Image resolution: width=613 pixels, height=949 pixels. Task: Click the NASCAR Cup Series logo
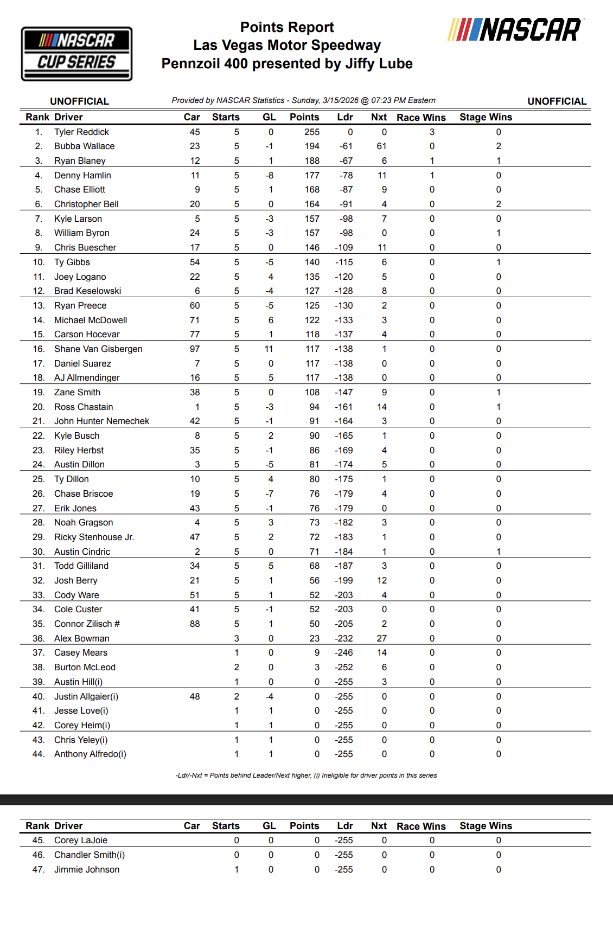click(x=76, y=54)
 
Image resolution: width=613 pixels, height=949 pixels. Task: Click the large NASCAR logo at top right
click(x=514, y=30)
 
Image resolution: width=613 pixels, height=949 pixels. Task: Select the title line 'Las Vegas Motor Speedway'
click(x=287, y=46)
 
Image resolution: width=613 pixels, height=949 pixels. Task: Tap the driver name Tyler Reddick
click(x=81, y=132)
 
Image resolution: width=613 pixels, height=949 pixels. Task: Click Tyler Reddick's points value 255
click(x=312, y=132)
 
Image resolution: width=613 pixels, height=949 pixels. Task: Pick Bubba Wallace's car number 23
click(x=195, y=146)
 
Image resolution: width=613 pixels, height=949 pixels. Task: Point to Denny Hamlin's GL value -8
click(x=270, y=176)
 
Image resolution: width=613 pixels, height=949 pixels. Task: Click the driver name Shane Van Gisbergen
click(x=98, y=349)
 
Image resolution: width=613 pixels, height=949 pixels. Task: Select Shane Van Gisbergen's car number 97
click(x=195, y=349)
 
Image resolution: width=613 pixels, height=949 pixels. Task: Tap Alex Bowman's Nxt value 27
click(x=382, y=639)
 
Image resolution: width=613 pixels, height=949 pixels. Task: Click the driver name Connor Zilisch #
click(x=87, y=624)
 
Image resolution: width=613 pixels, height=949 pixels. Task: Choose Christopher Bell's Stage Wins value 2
click(x=499, y=204)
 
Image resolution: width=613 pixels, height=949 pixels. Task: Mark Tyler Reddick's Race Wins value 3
click(x=432, y=132)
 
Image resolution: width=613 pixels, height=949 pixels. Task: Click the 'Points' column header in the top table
click(x=304, y=117)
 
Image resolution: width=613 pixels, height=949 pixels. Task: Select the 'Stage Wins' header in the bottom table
click(x=486, y=826)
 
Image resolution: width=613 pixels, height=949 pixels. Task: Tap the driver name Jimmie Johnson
click(x=87, y=870)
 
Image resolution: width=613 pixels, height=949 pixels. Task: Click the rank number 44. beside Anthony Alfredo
click(x=39, y=754)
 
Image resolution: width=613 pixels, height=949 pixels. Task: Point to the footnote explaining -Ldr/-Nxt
click(x=306, y=775)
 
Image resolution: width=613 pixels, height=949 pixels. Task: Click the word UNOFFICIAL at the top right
click(x=557, y=101)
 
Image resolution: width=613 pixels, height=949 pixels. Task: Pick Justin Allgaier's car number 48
click(x=195, y=697)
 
